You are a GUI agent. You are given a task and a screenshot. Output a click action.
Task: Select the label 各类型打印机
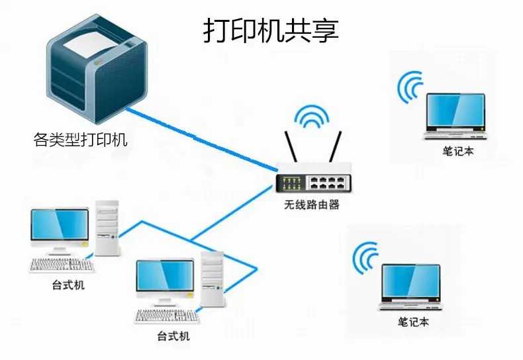pyautogui.click(x=80, y=140)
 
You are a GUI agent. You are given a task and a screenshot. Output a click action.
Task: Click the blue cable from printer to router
pyautogui.click(x=199, y=139)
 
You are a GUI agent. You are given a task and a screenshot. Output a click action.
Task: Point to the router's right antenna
pyautogui.click(x=334, y=147)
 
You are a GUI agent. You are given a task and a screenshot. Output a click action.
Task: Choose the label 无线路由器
pyautogui.click(x=312, y=205)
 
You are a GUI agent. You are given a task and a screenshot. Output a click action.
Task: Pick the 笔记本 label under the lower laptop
pyautogui.click(x=413, y=322)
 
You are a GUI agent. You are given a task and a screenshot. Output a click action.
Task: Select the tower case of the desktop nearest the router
pyautogui.click(x=213, y=278)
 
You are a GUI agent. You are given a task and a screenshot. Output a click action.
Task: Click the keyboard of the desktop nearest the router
pyautogui.click(x=166, y=316)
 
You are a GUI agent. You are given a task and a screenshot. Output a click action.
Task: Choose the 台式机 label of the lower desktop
pyautogui.click(x=173, y=336)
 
